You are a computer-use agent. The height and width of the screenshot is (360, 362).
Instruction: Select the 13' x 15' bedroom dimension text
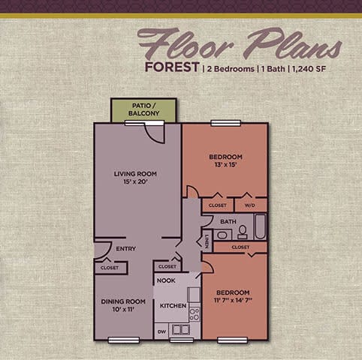click(x=225, y=166)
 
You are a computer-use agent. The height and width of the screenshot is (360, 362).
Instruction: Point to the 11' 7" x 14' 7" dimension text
click(x=234, y=300)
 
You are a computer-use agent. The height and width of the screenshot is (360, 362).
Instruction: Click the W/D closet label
click(x=250, y=205)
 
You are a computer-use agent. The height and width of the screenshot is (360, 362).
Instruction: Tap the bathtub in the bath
click(x=259, y=226)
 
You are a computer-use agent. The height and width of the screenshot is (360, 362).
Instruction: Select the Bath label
click(x=228, y=222)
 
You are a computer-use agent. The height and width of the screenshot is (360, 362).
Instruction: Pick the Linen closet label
click(x=206, y=241)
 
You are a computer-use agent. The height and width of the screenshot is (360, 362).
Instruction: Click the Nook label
click(x=166, y=280)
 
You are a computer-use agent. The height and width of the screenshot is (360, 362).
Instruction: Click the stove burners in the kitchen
click(x=194, y=313)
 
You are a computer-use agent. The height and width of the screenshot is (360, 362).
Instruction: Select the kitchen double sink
click(x=180, y=329)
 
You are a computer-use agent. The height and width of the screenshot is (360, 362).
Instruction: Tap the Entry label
click(x=125, y=249)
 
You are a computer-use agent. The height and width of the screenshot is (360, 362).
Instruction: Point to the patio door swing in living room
click(x=155, y=133)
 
